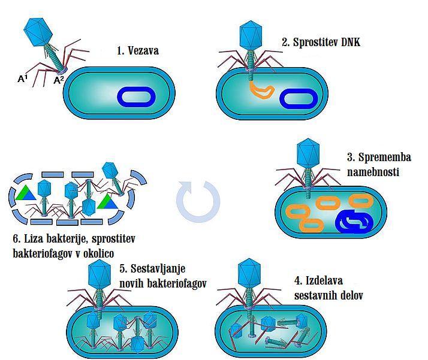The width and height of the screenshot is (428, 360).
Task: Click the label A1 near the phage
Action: tap(23, 78)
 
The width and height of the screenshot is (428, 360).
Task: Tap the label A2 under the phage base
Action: tap(59, 80)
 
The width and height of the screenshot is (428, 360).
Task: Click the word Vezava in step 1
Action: tap(143, 51)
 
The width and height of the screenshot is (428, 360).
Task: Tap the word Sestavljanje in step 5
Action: tap(158, 268)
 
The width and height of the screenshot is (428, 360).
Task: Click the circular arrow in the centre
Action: tap(198, 202)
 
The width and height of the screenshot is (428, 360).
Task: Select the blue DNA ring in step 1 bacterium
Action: tap(136, 96)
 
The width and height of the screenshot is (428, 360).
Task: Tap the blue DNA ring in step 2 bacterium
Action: tap(299, 99)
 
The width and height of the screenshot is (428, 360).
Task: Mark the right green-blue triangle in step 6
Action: tap(108, 202)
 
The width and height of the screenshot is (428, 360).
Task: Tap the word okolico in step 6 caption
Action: tap(98, 253)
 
